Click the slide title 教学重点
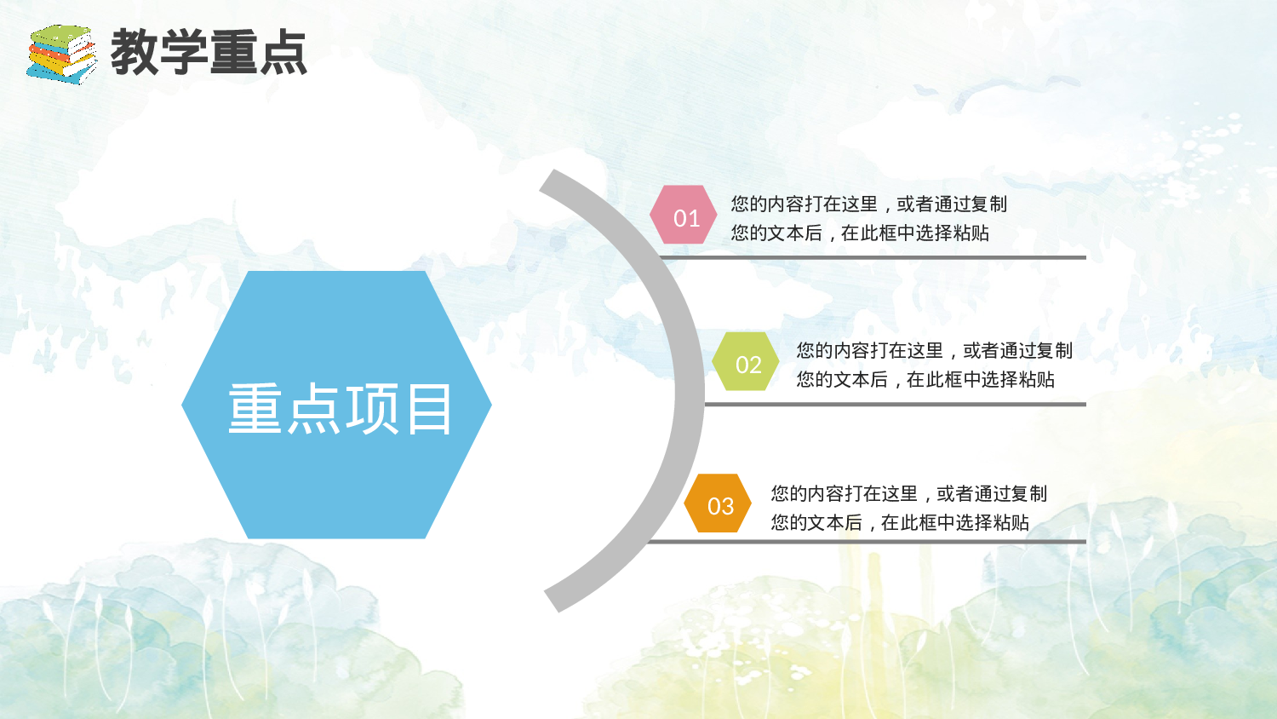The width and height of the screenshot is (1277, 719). pos(209,53)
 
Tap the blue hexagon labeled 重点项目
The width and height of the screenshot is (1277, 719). pos(336,405)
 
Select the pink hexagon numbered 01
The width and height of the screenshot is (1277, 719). pos(684,216)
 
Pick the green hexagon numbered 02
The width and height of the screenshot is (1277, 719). pos(746,362)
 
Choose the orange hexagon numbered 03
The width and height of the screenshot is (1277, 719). pos(719,503)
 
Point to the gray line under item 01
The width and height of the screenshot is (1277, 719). pos(873,256)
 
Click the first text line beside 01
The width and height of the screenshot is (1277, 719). pos(868,204)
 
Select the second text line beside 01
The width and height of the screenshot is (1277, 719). pos(860,233)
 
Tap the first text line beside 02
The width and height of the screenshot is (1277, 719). pos(934,350)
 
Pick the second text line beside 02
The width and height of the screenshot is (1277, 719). pos(925,379)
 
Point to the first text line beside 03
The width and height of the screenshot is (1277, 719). pos(908,493)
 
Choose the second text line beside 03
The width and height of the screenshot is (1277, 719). pos(900,522)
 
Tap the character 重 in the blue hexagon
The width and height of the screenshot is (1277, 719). pos(255,409)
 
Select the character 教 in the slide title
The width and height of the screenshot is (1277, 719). pos(135,53)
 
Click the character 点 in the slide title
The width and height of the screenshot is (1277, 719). pos(283,53)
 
